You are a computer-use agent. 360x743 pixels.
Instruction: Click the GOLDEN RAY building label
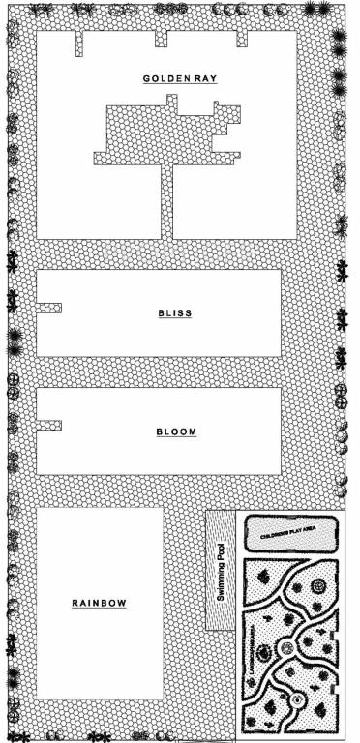point(179,78)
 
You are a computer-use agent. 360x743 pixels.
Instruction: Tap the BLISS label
point(175,313)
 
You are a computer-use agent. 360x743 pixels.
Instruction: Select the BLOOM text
point(175,431)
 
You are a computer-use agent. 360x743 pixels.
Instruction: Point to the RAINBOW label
point(100,604)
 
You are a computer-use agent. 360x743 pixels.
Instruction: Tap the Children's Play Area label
point(289,532)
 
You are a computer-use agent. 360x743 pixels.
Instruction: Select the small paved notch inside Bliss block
point(49,308)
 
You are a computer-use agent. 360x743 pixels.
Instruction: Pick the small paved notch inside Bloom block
point(49,426)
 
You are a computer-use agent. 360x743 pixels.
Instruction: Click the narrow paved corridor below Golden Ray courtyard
point(166,201)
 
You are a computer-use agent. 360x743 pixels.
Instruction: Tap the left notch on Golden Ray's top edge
point(80,45)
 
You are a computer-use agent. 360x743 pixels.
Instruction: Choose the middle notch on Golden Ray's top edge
point(161,40)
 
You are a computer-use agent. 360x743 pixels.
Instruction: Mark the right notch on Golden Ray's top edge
point(242,40)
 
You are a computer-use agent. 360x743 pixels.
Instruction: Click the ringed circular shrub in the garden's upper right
point(317,584)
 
